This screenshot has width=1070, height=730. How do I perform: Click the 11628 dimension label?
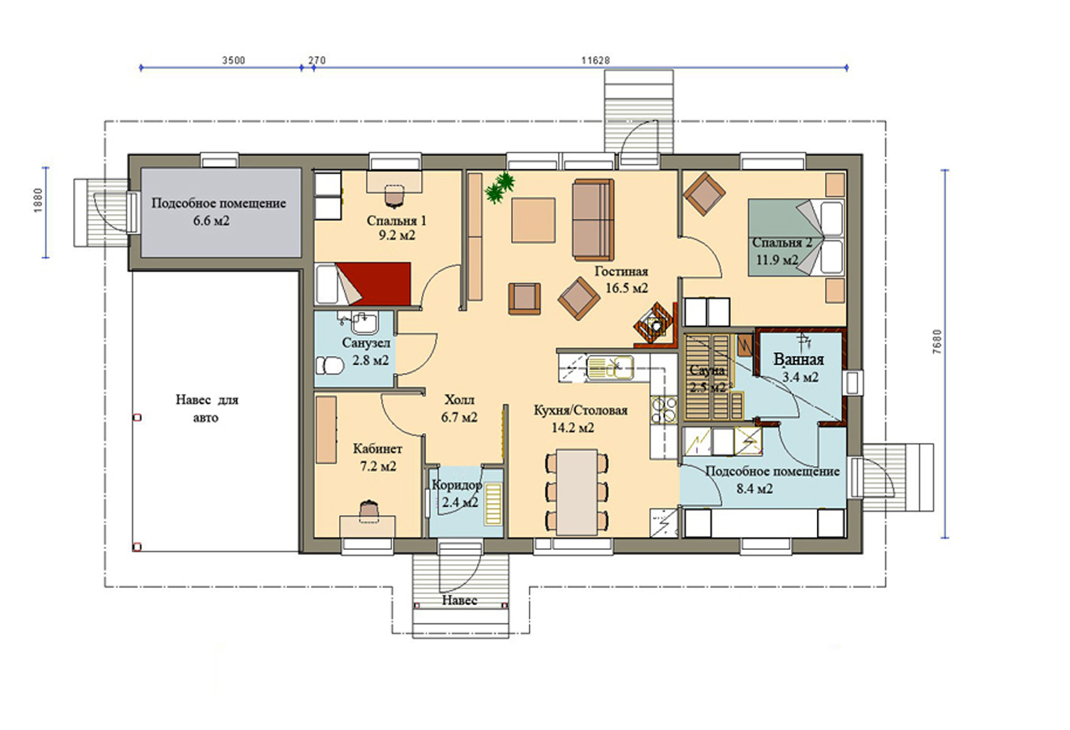point(595,60)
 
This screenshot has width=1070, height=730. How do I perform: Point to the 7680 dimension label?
point(938,341)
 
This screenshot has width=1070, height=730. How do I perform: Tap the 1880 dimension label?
point(39,200)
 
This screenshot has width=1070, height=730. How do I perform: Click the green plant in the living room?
point(500,187)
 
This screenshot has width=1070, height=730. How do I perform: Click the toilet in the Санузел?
point(329,366)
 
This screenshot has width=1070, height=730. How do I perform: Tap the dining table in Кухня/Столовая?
point(577,492)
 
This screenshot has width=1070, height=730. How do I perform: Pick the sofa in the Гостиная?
point(593,219)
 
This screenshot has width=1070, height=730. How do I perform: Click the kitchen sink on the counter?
point(610,368)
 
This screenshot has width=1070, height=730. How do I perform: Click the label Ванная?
point(799,359)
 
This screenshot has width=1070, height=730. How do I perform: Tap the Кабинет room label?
point(377,449)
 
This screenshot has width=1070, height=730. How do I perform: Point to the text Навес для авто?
point(206,409)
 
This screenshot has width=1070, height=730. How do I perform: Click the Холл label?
point(459,399)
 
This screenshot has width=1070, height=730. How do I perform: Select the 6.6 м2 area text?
point(212,221)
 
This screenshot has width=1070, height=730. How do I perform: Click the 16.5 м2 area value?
point(627,288)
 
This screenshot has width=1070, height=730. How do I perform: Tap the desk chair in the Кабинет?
point(367,509)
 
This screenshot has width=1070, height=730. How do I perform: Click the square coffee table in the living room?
point(533,221)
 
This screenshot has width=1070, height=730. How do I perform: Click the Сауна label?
point(707,370)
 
